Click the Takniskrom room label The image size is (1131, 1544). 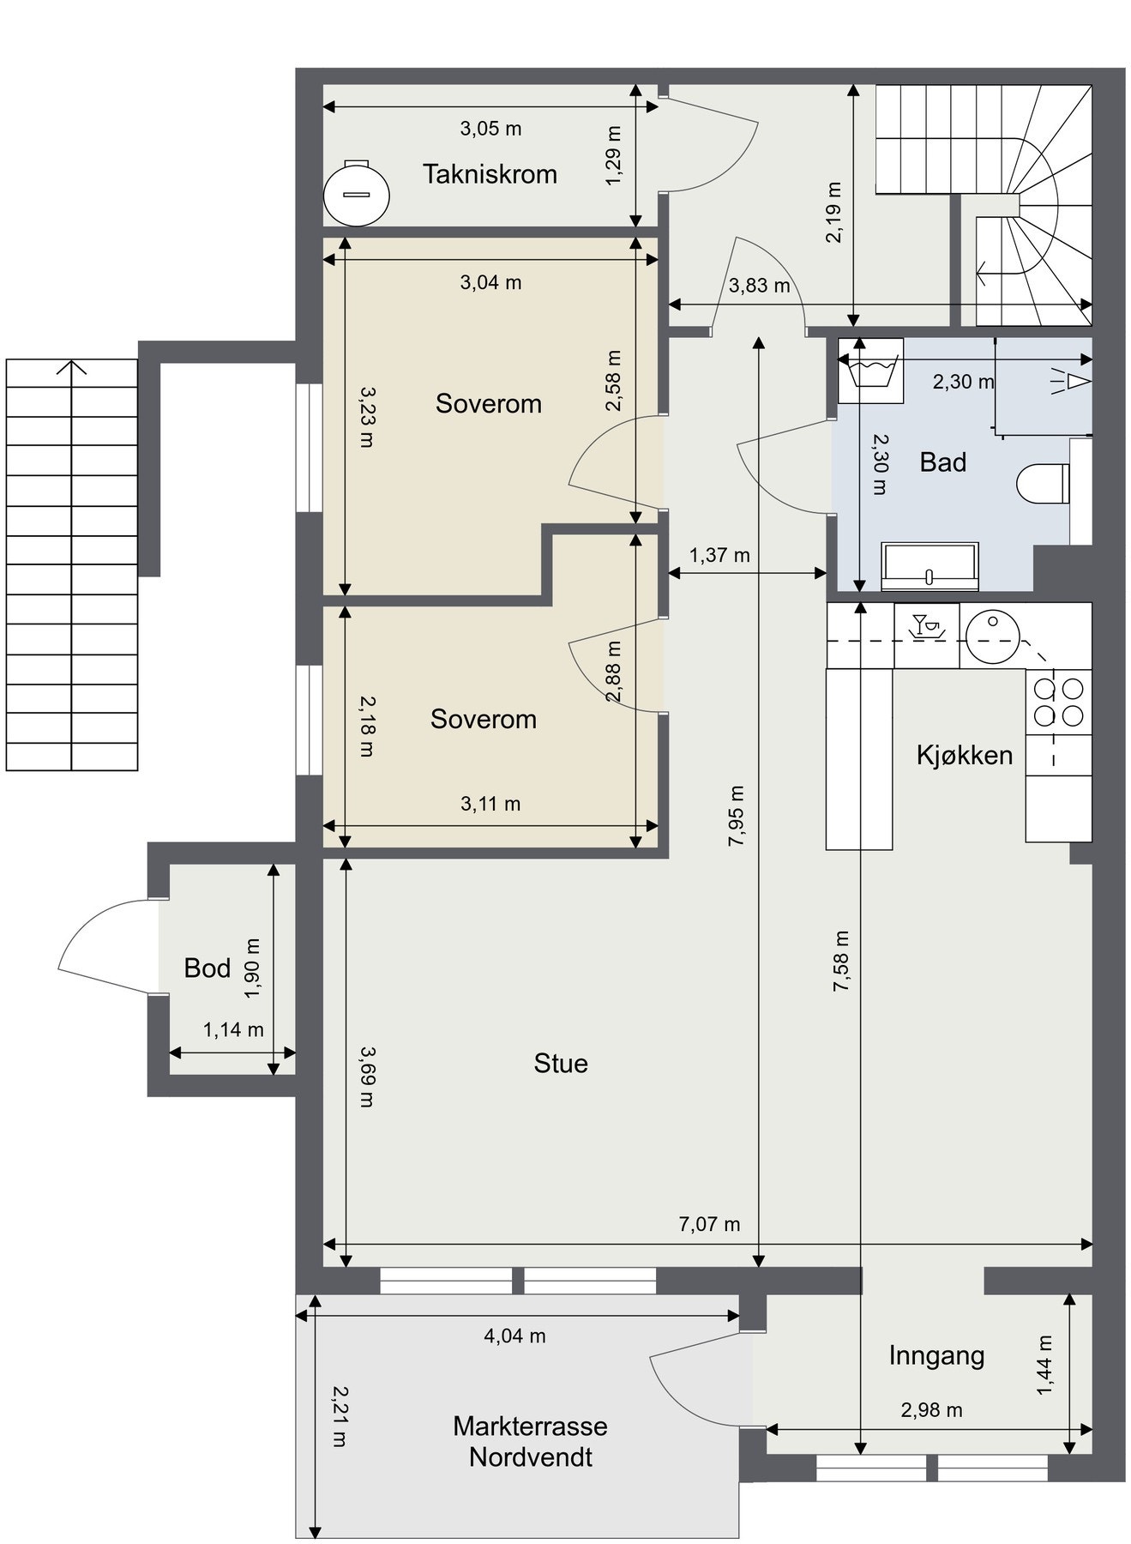point(490,174)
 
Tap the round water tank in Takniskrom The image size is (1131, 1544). point(357,193)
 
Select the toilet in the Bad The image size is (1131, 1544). point(1042,484)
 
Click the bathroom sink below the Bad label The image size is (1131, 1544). point(929,566)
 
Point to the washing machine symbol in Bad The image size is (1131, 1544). point(870,371)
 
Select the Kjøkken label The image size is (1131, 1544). point(964,756)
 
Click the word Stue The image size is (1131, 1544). point(561,1064)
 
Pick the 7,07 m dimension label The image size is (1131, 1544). point(709,1224)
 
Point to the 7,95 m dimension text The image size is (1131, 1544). point(736,816)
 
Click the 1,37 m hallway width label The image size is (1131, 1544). point(719,555)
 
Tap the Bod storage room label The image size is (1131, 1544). point(208,968)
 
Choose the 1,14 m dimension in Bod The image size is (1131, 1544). point(233,1029)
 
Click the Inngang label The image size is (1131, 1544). point(936,1356)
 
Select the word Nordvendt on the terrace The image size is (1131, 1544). point(531,1457)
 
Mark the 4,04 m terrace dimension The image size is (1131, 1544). point(514,1336)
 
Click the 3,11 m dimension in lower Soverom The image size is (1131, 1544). point(490,804)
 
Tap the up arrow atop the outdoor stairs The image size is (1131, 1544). point(72,367)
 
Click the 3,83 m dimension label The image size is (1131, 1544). point(760,286)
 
